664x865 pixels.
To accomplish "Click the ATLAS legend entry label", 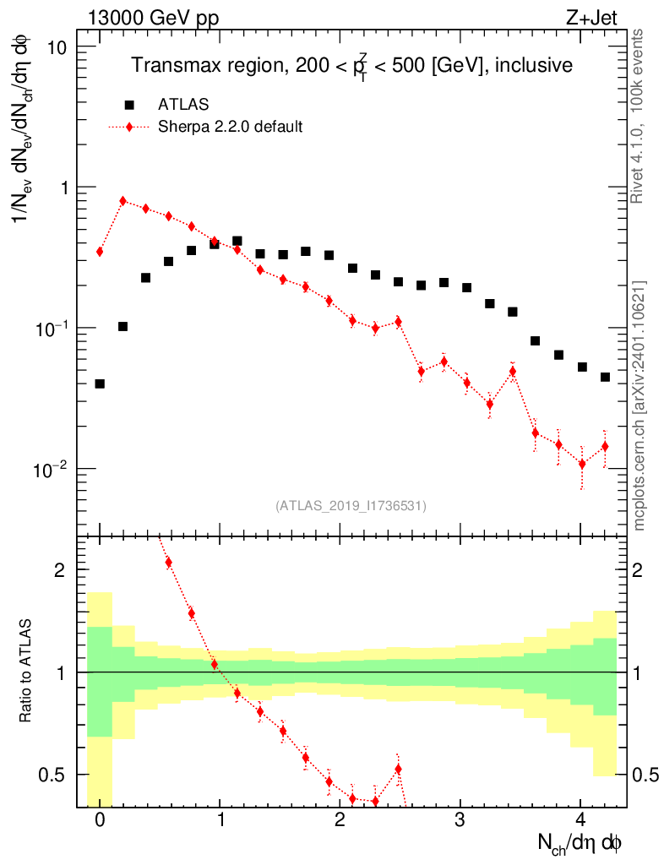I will click(182, 105).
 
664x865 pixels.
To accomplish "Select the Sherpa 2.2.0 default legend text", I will click(230, 128).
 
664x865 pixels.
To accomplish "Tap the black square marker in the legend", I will click(129, 105).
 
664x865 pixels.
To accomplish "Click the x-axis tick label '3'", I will click(460, 819).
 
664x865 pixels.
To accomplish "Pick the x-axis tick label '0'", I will click(100, 819).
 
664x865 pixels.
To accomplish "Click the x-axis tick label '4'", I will click(580, 819).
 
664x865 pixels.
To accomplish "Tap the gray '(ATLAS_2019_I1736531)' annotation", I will click(351, 506).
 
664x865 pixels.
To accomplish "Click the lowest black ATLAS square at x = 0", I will click(100, 384).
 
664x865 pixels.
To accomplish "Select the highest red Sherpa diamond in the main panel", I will click(123, 201).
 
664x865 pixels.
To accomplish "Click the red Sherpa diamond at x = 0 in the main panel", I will click(100, 252).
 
